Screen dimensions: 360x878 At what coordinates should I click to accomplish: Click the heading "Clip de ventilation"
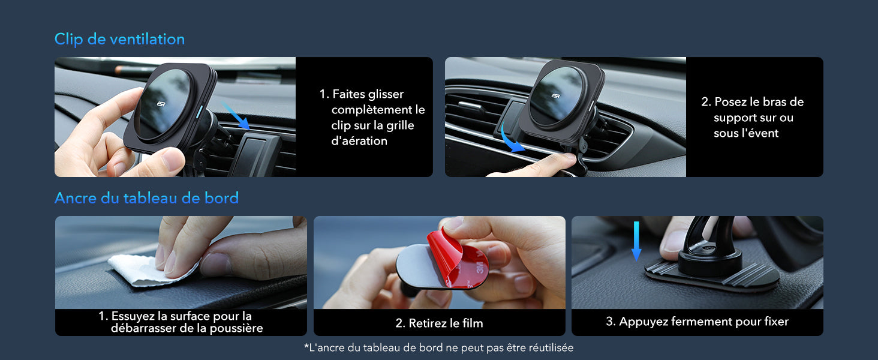(119, 39)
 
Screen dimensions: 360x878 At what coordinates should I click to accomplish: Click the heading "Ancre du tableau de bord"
(146, 197)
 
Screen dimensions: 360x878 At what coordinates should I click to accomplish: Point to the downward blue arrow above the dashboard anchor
(636, 241)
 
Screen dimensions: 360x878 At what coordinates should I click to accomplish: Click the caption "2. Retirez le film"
(439, 323)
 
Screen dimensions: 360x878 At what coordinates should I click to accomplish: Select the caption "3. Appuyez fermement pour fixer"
(697, 322)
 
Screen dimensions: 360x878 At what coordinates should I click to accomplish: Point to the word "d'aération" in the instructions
(359, 141)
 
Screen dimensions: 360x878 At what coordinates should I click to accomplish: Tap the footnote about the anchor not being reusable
(439, 347)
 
